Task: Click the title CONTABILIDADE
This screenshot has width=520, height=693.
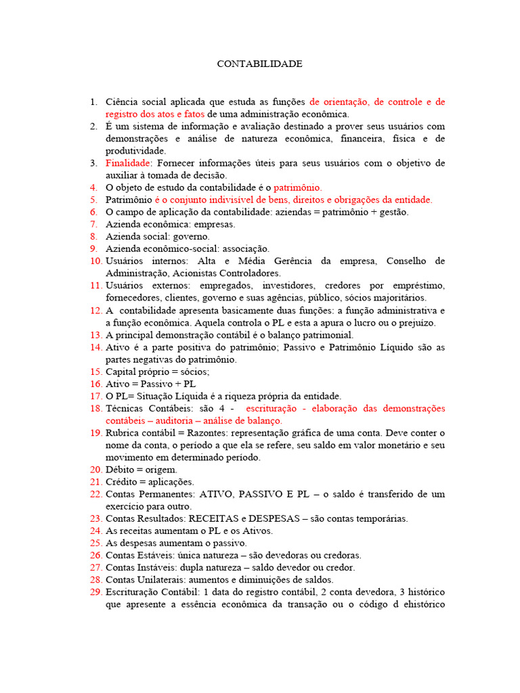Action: coord(259,64)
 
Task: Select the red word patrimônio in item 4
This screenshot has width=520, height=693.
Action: coord(298,187)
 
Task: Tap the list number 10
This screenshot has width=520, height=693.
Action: coord(95,261)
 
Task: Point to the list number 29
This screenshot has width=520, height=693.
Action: coord(95,592)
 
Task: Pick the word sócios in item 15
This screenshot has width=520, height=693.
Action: coord(194,372)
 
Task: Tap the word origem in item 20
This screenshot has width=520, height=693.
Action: coord(162,470)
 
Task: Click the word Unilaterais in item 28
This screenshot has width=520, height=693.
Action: coord(157,580)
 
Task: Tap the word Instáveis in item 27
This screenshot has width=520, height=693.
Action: coord(153,568)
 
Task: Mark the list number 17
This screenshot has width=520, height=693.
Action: coord(95,396)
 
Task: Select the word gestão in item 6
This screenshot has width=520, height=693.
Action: coord(393,213)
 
